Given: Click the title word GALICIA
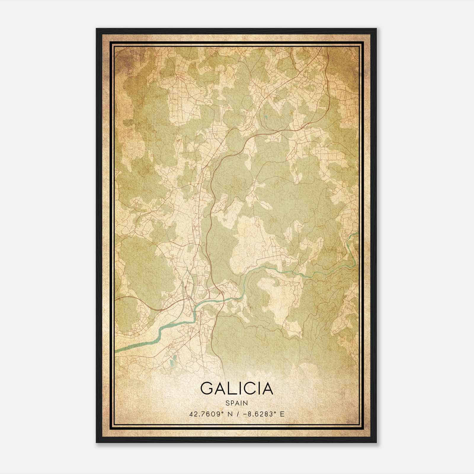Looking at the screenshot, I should click(x=236, y=388).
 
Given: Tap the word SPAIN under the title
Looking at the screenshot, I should click(x=236, y=403).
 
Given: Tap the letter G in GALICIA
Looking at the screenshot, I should click(x=206, y=388).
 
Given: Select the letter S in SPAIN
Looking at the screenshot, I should click(x=227, y=403).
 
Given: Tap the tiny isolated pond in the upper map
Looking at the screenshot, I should click(x=266, y=117).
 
